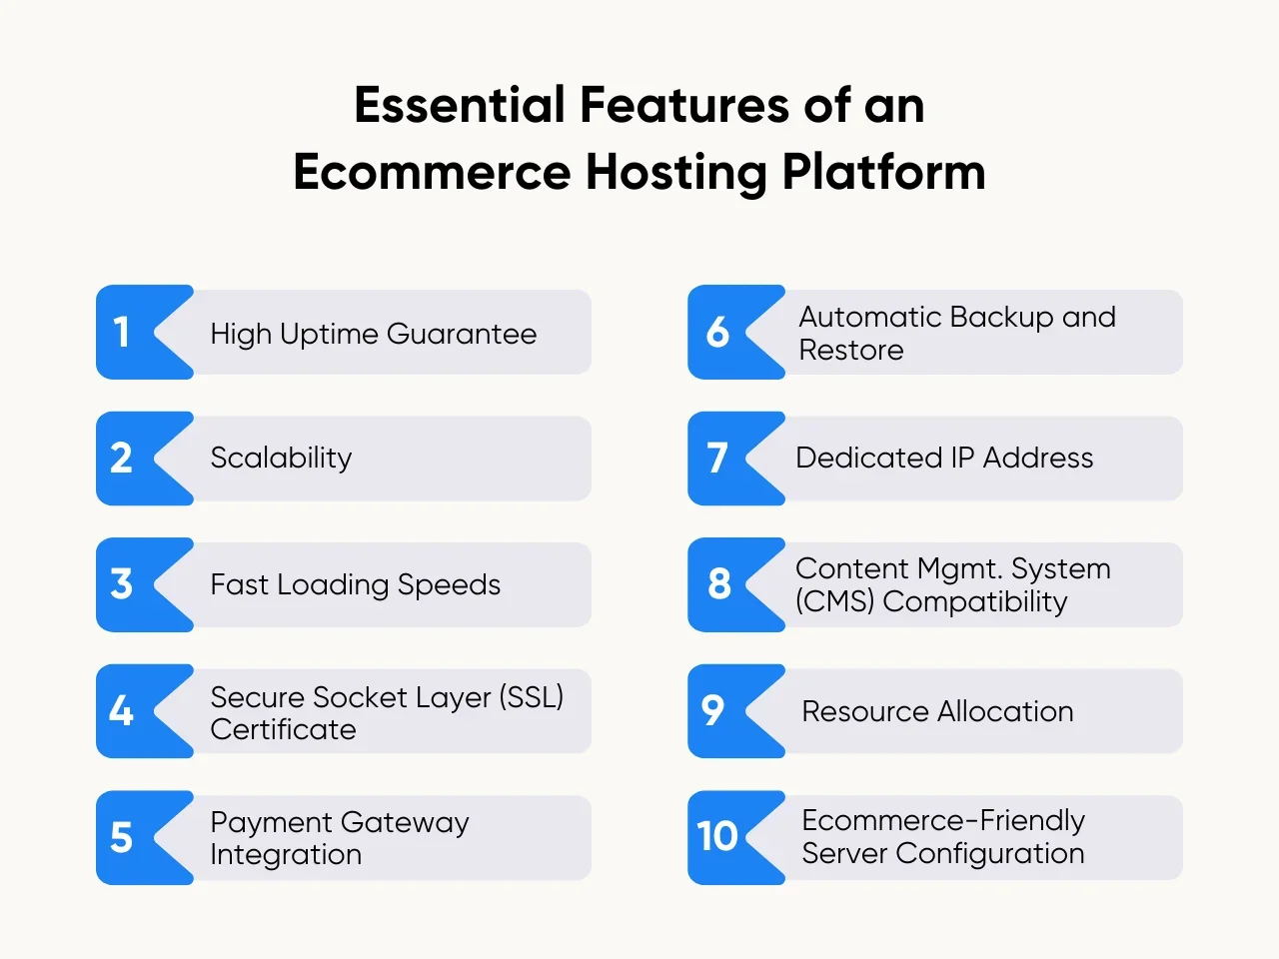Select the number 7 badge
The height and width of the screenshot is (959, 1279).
click(x=719, y=459)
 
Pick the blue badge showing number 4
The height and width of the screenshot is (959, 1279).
click(x=126, y=711)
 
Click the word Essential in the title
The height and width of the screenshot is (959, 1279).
click(x=460, y=105)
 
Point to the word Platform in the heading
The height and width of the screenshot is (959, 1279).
click(x=883, y=172)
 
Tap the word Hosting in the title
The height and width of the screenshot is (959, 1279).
click(x=675, y=172)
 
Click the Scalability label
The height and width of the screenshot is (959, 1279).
click(x=281, y=459)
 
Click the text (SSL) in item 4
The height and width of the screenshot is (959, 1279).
click(x=531, y=696)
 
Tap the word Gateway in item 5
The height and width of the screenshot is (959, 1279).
click(x=406, y=823)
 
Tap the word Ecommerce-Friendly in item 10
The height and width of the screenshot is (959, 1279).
click(x=943, y=821)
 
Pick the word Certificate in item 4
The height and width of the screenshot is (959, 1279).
click(x=283, y=729)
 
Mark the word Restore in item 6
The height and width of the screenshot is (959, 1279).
click(x=851, y=351)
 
